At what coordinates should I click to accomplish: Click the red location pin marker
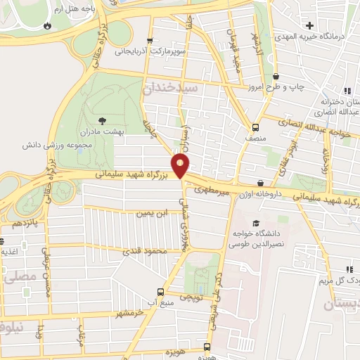[x=181, y=166]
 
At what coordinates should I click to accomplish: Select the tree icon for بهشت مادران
[x=103, y=121]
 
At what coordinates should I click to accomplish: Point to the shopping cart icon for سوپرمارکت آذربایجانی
[x=148, y=41]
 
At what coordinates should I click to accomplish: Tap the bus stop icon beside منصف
[x=255, y=127]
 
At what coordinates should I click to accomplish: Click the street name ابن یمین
[x=153, y=212]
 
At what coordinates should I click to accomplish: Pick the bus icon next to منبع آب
[x=161, y=292]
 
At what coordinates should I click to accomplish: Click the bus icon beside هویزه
[x=207, y=347]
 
